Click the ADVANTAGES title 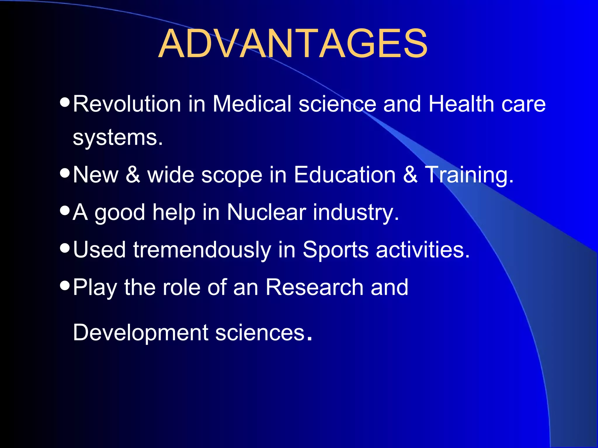[293, 44]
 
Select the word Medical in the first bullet [252, 104]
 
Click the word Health [461, 104]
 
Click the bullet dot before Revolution [65, 102]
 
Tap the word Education [345, 175]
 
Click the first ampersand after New [133, 175]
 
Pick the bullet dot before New [65, 173]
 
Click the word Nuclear [266, 212]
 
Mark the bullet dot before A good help [65, 210]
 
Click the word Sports [335, 250]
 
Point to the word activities [423, 250]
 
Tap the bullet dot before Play [65, 285]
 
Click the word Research [314, 287]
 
